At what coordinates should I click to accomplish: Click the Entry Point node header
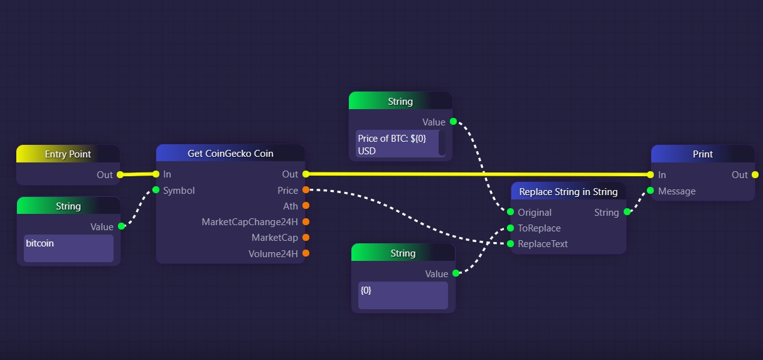tap(68, 154)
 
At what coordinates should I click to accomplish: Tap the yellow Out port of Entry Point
tap(120, 175)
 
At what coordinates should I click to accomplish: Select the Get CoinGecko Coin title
tap(230, 154)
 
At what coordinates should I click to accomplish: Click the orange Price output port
tap(306, 190)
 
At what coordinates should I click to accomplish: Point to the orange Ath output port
tap(306, 206)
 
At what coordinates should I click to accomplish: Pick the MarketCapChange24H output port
tap(306, 221)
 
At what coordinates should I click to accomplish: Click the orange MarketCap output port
tap(306, 237)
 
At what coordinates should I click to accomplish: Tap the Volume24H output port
tap(306, 253)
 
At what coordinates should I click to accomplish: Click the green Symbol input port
tap(156, 190)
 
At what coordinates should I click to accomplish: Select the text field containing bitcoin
tap(68, 248)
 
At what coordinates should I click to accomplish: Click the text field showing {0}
tap(403, 295)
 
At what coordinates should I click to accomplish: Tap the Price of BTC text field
tap(397, 144)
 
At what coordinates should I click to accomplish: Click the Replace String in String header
tap(568, 192)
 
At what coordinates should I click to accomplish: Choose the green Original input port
tap(511, 212)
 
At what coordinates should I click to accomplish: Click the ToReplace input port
tap(511, 228)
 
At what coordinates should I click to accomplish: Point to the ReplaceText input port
tap(511, 244)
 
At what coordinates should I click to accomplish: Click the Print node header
tap(702, 154)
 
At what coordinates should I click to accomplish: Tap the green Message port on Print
tap(651, 191)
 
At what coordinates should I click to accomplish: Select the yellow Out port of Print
tap(755, 175)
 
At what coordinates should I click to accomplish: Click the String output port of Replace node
tap(627, 212)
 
